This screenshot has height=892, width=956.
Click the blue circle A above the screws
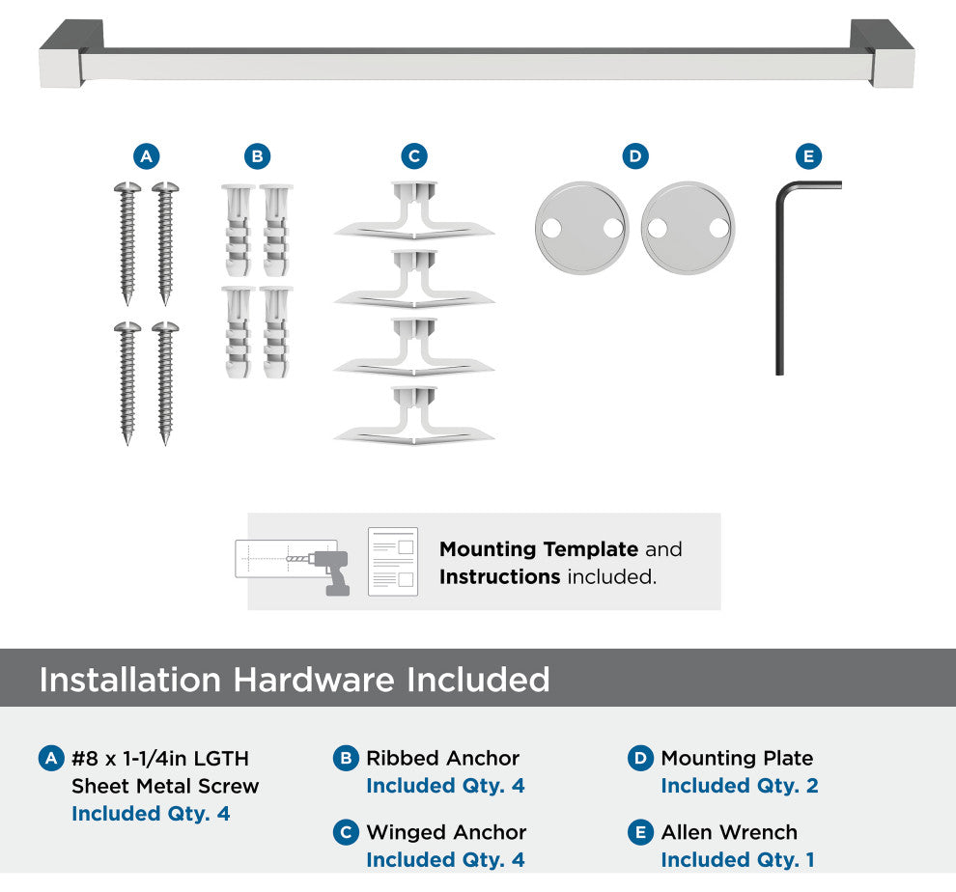pos(147,156)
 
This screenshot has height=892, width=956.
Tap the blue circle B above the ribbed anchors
pos(257,156)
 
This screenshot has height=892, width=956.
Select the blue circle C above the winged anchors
pos(414,156)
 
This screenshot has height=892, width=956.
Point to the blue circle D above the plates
pos(635,156)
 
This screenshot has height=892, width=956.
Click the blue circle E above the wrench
pos(809,156)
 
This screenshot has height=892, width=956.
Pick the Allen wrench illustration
pos(780,274)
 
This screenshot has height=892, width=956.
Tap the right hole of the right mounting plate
pos(718,229)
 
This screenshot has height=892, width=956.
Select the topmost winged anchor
pos(414,209)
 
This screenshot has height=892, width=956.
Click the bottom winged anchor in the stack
pos(414,415)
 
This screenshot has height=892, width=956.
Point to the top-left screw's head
pos(127,188)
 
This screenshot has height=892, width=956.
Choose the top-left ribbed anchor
pos(238,231)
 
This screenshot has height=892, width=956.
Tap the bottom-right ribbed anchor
pos(276,332)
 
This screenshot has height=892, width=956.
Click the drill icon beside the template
pos(329,571)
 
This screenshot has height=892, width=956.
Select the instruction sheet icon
pos(393,562)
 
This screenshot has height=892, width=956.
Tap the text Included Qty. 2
pos(740,785)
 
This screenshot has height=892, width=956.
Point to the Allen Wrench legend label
pos(729,831)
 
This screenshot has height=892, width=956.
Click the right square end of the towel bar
pos(887,55)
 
